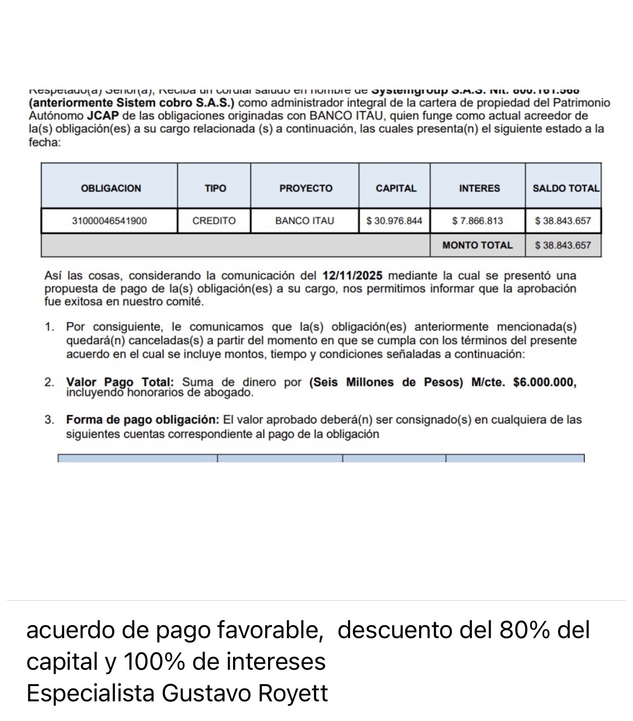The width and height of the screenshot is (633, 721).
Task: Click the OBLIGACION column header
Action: click(111, 188)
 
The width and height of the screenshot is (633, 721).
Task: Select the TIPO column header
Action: click(215, 188)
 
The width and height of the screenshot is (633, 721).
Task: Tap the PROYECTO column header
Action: click(305, 188)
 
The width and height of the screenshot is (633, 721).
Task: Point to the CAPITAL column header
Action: click(396, 188)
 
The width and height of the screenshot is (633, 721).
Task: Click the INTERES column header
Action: click(479, 188)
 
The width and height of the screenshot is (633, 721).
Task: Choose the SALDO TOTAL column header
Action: click(565, 188)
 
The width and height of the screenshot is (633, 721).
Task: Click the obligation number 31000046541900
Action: click(109, 221)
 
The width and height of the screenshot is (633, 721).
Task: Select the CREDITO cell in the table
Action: click(214, 221)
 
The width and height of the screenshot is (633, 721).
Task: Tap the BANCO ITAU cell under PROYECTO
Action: click(305, 221)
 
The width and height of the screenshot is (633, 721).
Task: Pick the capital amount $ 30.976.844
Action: click(394, 221)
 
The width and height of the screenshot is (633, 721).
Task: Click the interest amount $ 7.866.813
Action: click(478, 221)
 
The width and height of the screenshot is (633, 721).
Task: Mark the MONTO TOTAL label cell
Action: click(477, 245)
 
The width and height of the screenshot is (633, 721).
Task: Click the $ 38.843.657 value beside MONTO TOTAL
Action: click(563, 245)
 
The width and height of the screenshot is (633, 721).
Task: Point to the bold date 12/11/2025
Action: click(352, 276)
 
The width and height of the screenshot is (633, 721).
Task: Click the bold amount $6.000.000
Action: click(544, 382)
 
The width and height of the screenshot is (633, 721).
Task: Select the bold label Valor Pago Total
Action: click(119, 382)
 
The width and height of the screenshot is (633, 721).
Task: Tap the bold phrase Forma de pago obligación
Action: click(142, 420)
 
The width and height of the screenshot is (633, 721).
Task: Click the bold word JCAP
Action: click(103, 116)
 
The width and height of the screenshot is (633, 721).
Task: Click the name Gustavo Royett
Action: click(245, 693)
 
